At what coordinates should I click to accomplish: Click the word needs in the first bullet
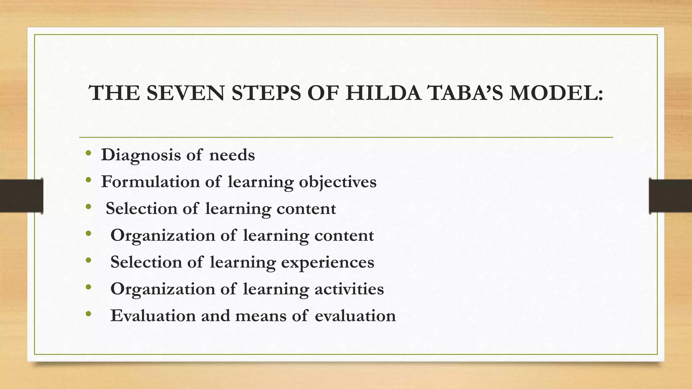coord(232,155)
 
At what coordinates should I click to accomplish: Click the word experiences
coord(327,263)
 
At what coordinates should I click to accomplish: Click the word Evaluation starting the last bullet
coord(153,316)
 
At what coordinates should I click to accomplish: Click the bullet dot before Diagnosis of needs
coord(89,154)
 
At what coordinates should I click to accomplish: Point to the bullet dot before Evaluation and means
coord(89,314)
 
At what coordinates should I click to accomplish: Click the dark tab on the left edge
coord(21,196)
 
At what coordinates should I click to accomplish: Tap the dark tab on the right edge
coord(670,196)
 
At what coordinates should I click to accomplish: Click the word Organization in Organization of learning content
coord(163,236)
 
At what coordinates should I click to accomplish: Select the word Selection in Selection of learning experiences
coord(146,262)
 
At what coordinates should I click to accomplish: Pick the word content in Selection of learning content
coord(306,209)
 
